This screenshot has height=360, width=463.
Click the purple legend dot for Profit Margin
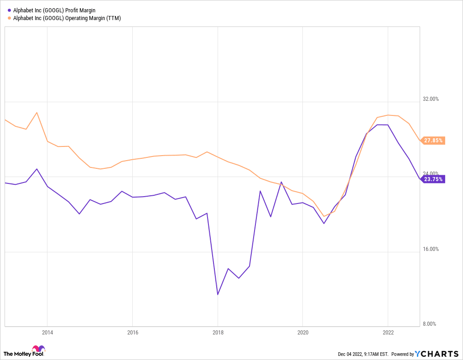point(9,10)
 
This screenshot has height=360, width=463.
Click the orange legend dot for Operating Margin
point(9,18)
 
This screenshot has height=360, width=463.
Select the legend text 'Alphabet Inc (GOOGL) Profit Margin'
point(54,10)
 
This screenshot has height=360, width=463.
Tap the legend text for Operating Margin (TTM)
point(67,18)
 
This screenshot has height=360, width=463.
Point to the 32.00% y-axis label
point(431,99)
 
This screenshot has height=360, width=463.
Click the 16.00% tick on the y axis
point(431,249)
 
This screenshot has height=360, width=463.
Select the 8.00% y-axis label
point(430,324)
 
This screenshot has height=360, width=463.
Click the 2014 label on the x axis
point(47,333)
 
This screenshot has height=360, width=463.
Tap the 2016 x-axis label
point(133,333)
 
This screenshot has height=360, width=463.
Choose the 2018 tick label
point(218,333)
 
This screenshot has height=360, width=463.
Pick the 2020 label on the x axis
point(303,333)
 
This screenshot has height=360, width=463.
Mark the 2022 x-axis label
point(388,333)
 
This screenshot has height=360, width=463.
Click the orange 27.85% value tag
point(432,141)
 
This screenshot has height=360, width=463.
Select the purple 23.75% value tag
point(432,179)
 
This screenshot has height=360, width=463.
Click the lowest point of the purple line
point(218,294)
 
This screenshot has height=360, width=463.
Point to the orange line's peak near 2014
point(36,113)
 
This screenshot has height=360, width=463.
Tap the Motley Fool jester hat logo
point(38,348)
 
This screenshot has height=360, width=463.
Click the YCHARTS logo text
point(437,354)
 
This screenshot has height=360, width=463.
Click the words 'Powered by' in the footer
point(403,354)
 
